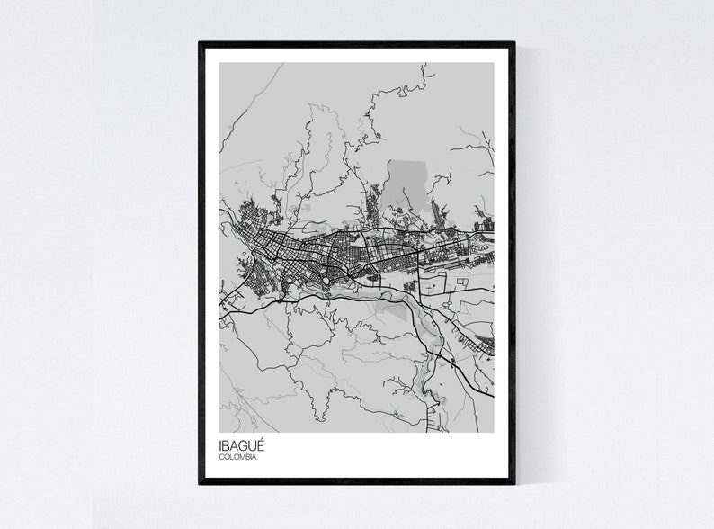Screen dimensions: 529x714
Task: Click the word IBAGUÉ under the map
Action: point(240,446)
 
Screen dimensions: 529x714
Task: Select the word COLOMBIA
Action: point(237,458)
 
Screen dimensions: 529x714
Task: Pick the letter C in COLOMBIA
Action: point(221,458)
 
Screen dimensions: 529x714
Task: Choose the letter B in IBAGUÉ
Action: point(226,446)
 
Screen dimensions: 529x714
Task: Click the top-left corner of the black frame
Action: point(201,43)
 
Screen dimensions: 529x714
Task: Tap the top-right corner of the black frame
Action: point(513,43)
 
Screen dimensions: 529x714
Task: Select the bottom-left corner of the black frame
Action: point(201,483)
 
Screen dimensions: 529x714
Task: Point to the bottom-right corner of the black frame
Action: point(513,483)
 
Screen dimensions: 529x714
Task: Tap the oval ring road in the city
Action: point(326,282)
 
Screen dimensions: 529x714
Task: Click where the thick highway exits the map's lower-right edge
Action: point(491,393)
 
